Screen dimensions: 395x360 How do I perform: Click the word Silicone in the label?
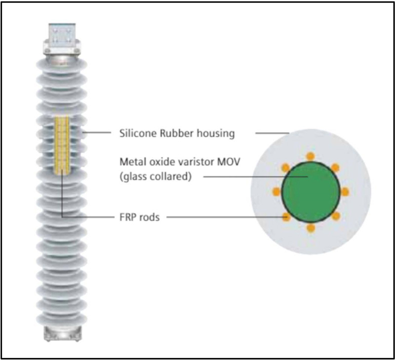point(138,133)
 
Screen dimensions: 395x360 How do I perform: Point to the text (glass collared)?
point(156,177)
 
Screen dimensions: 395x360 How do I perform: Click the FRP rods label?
point(140,217)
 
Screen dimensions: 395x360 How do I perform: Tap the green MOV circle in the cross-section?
point(311,192)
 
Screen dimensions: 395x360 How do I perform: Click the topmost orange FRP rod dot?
point(311,156)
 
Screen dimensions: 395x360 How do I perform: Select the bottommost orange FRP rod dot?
point(311,228)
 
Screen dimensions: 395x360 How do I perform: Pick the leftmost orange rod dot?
point(276,192)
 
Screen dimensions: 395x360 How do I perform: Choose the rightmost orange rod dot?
point(345,192)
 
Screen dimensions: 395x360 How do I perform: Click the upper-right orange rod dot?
point(335,168)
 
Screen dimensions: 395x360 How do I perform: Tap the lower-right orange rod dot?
point(336,216)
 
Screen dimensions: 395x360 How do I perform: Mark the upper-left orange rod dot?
point(286,168)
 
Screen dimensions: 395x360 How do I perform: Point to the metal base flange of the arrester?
point(62,333)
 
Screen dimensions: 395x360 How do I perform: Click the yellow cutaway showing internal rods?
point(62,145)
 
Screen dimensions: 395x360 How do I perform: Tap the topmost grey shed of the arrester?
point(62,65)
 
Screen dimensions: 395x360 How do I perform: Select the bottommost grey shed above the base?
point(62,319)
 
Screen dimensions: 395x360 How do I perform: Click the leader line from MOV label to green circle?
point(255,177)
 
